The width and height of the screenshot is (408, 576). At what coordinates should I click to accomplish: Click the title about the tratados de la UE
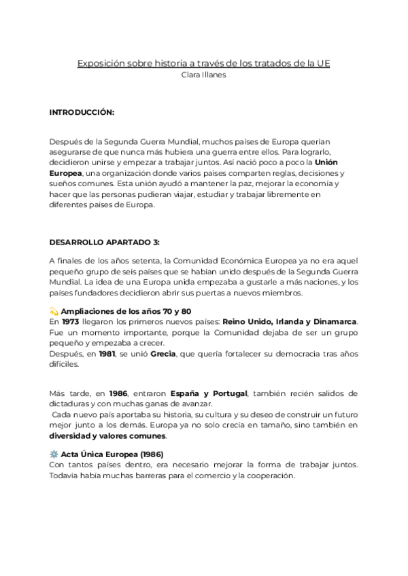(x=203, y=64)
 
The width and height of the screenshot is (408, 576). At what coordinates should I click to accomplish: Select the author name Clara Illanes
(x=203, y=75)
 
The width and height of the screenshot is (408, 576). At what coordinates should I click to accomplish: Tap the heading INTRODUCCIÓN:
(x=82, y=111)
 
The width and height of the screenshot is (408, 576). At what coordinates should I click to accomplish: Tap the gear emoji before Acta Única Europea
(x=54, y=454)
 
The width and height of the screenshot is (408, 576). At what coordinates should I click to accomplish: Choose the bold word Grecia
(x=163, y=353)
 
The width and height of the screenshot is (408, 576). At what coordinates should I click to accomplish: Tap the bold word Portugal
(x=230, y=393)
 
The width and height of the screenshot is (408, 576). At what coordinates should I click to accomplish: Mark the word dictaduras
(x=71, y=404)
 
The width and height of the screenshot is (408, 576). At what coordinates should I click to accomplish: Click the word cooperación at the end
(x=267, y=475)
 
